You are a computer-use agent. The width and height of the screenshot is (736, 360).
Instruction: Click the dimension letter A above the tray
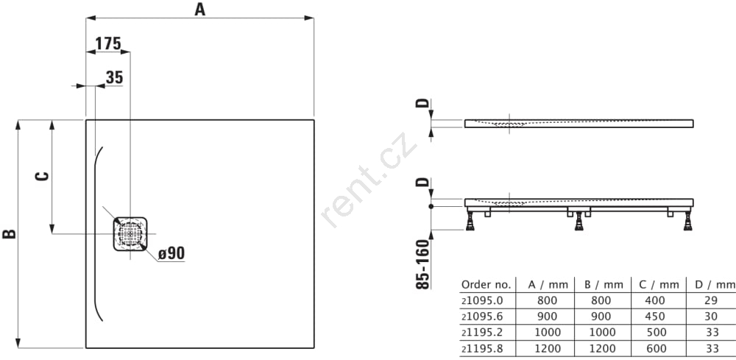pos(200,9)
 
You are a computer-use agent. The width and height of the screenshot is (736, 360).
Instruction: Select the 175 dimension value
pos(108,43)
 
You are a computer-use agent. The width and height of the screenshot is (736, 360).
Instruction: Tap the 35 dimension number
pos(114,77)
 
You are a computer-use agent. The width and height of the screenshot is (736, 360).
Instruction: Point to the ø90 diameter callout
pos(171,253)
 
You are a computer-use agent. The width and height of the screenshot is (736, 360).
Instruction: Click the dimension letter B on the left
pos(10,233)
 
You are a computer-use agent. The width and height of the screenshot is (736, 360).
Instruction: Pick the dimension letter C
pos(42,177)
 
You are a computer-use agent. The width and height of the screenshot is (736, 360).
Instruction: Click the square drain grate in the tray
pos(130,233)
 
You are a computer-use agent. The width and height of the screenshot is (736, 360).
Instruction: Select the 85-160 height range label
pos(423,264)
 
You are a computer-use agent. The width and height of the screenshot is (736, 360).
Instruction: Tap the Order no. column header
pos(485,284)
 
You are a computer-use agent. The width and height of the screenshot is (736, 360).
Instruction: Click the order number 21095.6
pos(482,317)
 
